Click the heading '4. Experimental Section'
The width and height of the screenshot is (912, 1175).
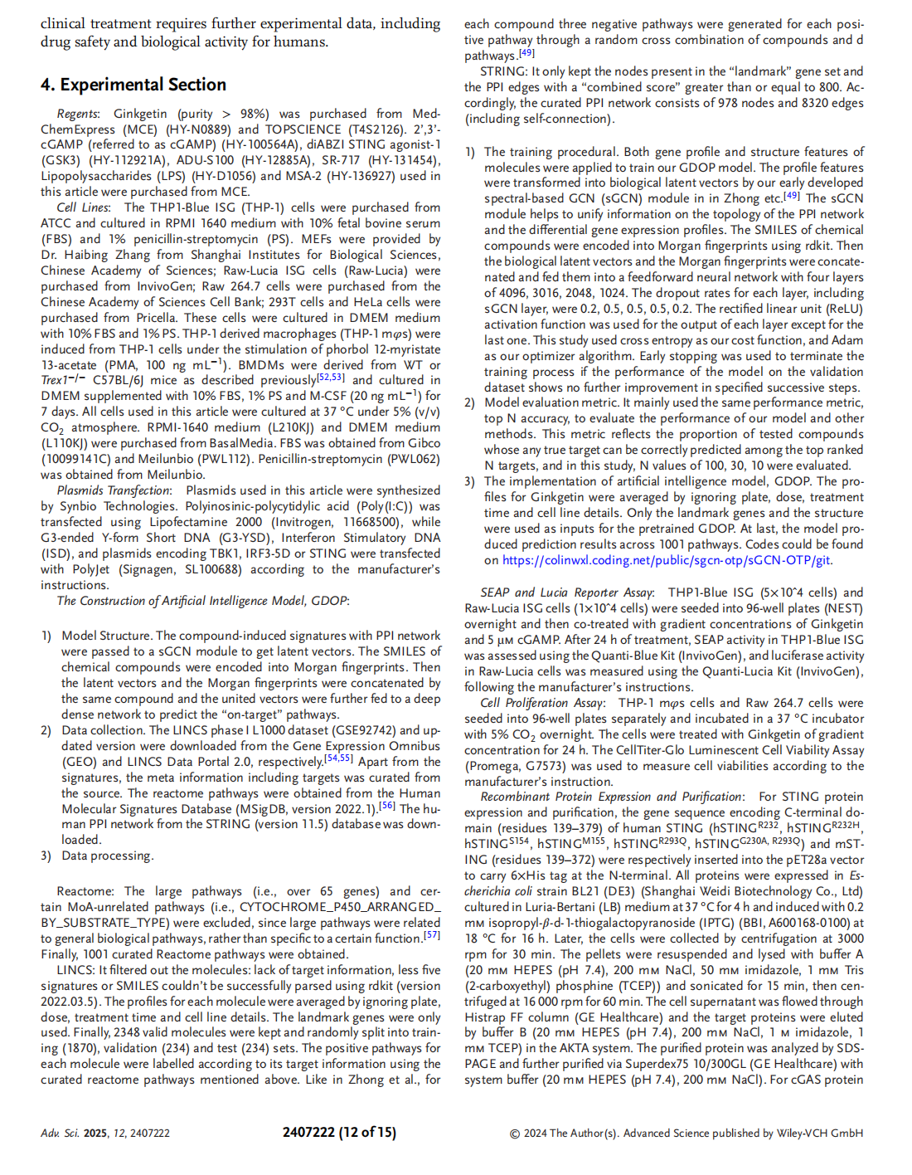[133, 85]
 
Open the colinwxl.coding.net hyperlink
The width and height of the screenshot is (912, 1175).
[667, 560]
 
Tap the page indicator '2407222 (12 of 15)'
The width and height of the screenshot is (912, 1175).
[339, 1132]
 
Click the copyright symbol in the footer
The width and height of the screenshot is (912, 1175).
[515, 1134]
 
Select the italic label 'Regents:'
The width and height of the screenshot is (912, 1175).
[78, 114]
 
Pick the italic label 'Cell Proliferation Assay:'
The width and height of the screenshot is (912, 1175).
[542, 703]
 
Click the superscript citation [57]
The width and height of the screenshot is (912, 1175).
[432, 935]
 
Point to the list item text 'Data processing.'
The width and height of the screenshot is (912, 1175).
[108, 856]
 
